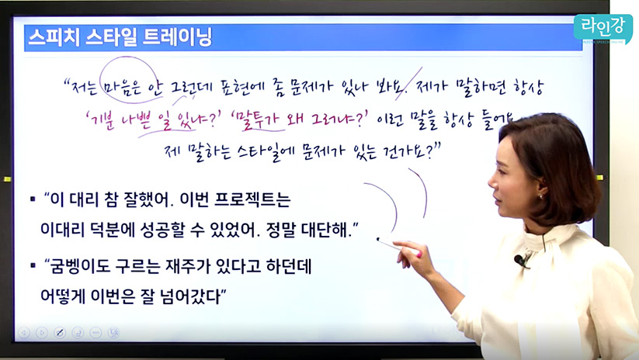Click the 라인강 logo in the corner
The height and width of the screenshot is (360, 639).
click(603, 29)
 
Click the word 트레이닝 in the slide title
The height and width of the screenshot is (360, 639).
click(178, 37)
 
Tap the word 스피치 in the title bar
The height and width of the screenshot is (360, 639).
click(54, 37)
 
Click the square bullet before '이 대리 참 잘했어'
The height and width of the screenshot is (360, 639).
click(33, 199)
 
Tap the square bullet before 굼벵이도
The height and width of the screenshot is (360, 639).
click(33, 266)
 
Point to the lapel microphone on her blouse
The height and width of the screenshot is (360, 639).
click(520, 260)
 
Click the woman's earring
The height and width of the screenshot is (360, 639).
click(541, 197)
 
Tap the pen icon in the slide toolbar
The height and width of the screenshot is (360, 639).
click(60, 333)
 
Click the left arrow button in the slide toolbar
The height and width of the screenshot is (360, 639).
click(24, 333)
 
